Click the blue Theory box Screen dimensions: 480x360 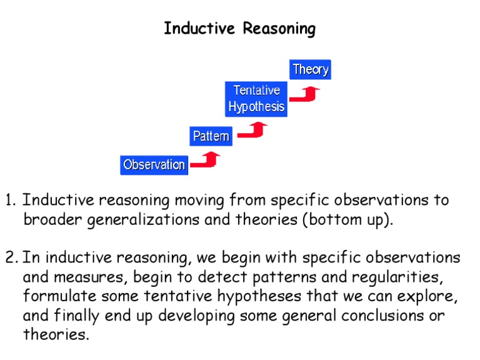pyautogui.click(x=310, y=69)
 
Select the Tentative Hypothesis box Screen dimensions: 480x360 pyautogui.click(x=256, y=99)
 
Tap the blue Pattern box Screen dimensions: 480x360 pyautogui.click(x=211, y=136)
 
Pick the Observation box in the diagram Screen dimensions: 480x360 pyautogui.click(x=154, y=165)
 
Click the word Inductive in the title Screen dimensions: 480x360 pyautogui.click(x=199, y=29)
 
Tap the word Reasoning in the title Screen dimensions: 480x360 pyautogui.click(x=279, y=29)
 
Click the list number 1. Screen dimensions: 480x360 pyautogui.click(x=10, y=200)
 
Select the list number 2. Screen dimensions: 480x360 pyautogui.click(x=11, y=257)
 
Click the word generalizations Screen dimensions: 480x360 pyautogui.click(x=143, y=220)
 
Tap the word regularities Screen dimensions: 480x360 pyautogui.click(x=397, y=277)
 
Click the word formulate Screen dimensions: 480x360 pyautogui.click(x=60, y=296)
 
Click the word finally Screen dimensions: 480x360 pyautogui.click(x=76, y=316)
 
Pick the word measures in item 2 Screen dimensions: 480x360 pyautogui.click(x=89, y=277)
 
